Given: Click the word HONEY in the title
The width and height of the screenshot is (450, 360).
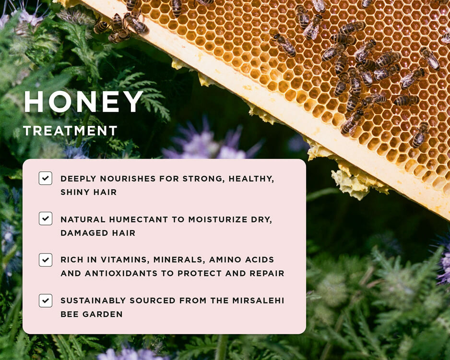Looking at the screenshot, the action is click(83, 102).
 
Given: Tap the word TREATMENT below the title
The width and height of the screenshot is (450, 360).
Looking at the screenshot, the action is click(70, 131).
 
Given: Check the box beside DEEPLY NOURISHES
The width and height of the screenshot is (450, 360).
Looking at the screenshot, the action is click(46, 178).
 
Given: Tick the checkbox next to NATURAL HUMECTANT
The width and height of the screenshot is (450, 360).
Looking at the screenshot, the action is click(46, 218).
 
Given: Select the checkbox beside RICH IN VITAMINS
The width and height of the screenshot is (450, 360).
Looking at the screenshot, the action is click(46, 260).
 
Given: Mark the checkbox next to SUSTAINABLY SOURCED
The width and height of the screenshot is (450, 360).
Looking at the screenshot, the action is click(46, 300).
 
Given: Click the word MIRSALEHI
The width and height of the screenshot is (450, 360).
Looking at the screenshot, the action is click(258, 300).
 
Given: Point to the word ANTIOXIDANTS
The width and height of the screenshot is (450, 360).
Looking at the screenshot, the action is click(121, 273).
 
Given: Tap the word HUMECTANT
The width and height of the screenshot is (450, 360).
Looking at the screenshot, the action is click(139, 219).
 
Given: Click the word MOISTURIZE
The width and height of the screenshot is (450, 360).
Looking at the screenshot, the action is click(218, 219).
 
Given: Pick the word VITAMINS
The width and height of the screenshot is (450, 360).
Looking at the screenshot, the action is click(125, 260).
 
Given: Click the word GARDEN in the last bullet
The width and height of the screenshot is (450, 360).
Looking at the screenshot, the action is click(103, 314).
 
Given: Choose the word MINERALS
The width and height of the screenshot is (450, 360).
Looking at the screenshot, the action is click(179, 260).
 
